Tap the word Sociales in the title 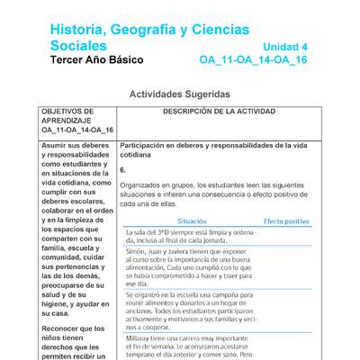pos(79,46)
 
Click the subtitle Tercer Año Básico pos(96,61)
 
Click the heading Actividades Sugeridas pos(180,94)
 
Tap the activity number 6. pos(122,169)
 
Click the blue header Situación pos(192,220)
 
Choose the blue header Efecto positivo pos(286,220)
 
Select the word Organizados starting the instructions pos(141,184)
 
